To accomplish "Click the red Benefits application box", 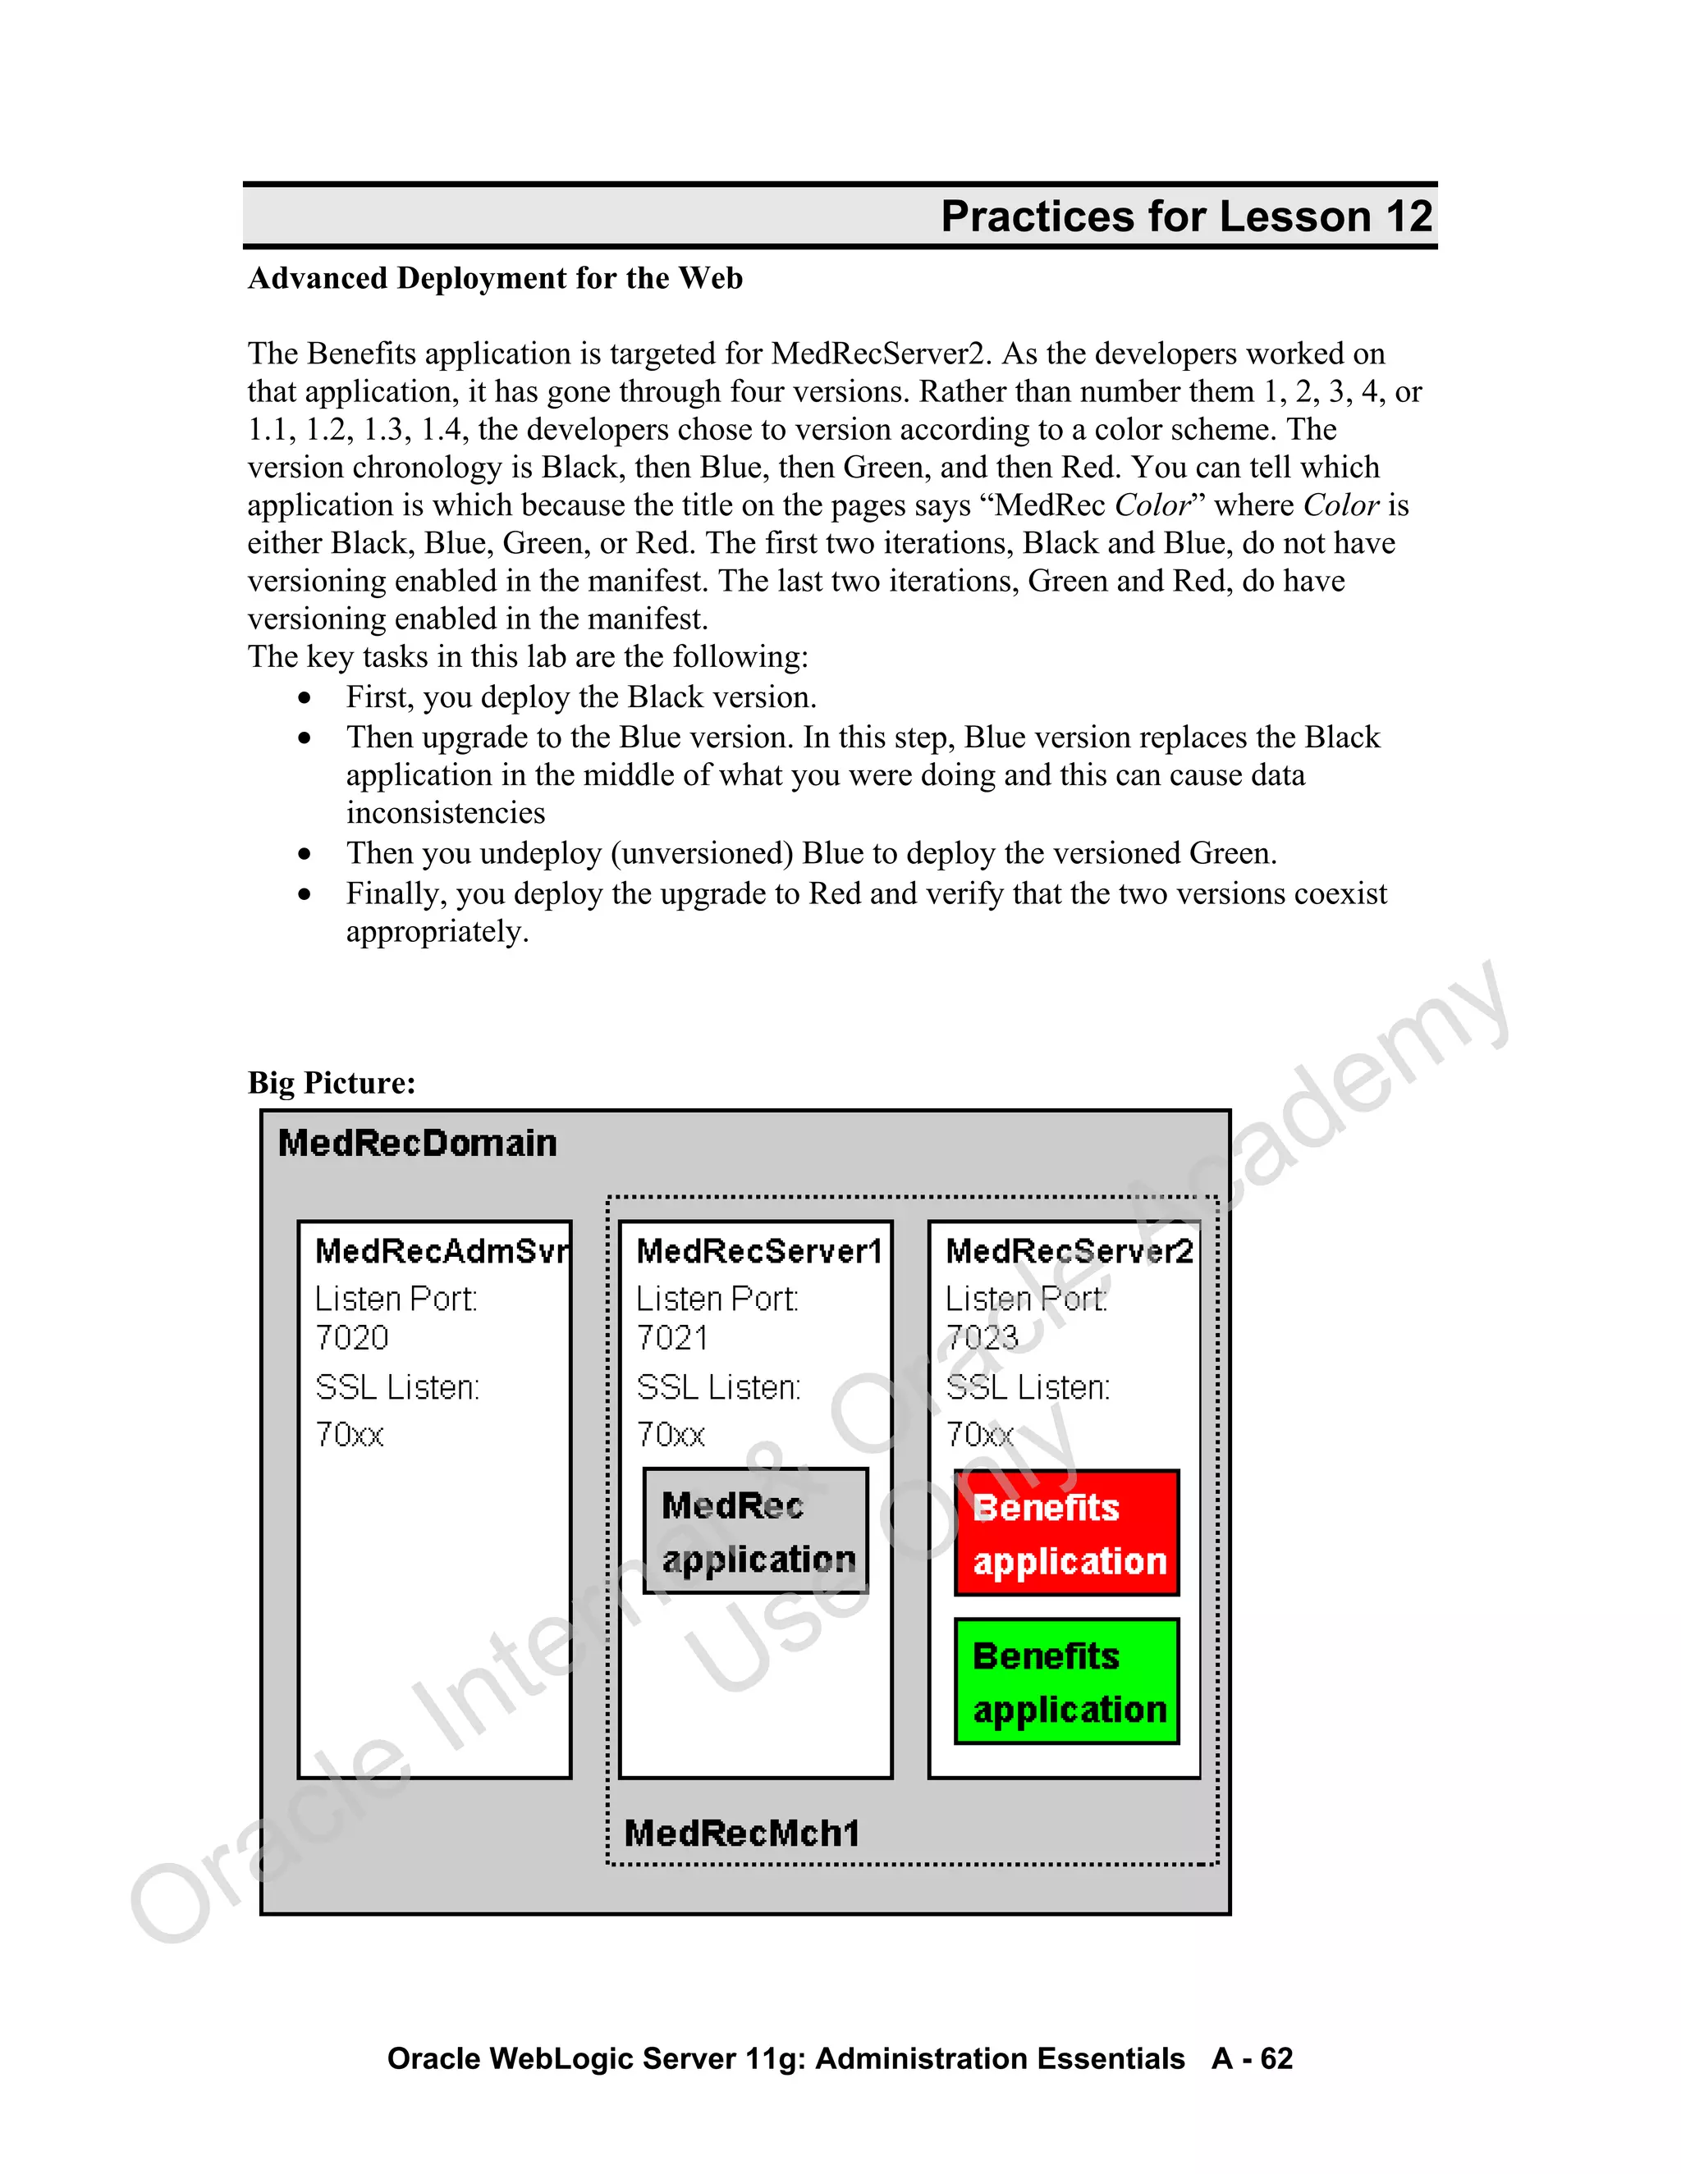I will pos(1066,1533).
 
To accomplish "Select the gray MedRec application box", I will pos(756,1531).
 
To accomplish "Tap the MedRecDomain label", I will pos(417,1143).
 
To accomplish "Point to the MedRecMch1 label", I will pos(742,1833).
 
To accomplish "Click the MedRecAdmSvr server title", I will pos(441,1251).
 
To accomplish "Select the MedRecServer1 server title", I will pos(759,1251).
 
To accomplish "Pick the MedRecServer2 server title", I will pos(1069,1251).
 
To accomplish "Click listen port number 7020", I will pos(351,1338).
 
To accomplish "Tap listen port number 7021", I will pos(672,1338).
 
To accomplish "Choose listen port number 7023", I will pos(982,1338).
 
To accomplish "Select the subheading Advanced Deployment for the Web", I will pos(495,278).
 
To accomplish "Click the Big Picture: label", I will pos(332,1082).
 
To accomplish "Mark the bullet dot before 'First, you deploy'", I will pos(305,699).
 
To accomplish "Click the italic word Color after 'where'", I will pos(1340,505).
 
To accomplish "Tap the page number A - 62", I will pos(1252,2058).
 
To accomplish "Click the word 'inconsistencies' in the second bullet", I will pos(445,813).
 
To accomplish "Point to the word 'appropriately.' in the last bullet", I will pos(437,932).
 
